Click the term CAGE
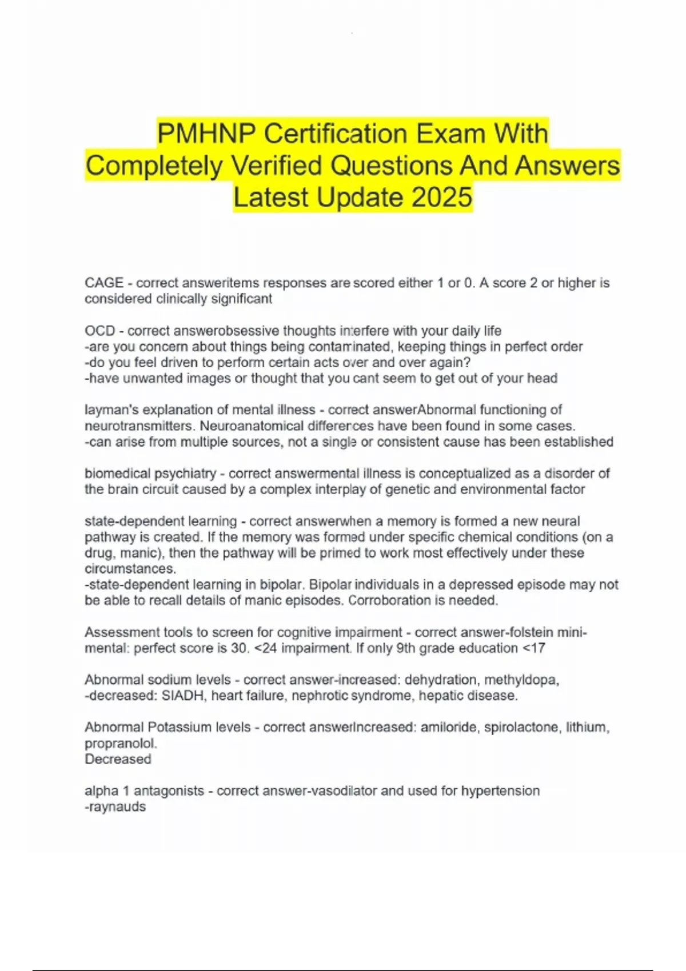(104, 283)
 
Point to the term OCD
(100, 331)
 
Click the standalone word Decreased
(118, 760)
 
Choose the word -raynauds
(115, 807)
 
